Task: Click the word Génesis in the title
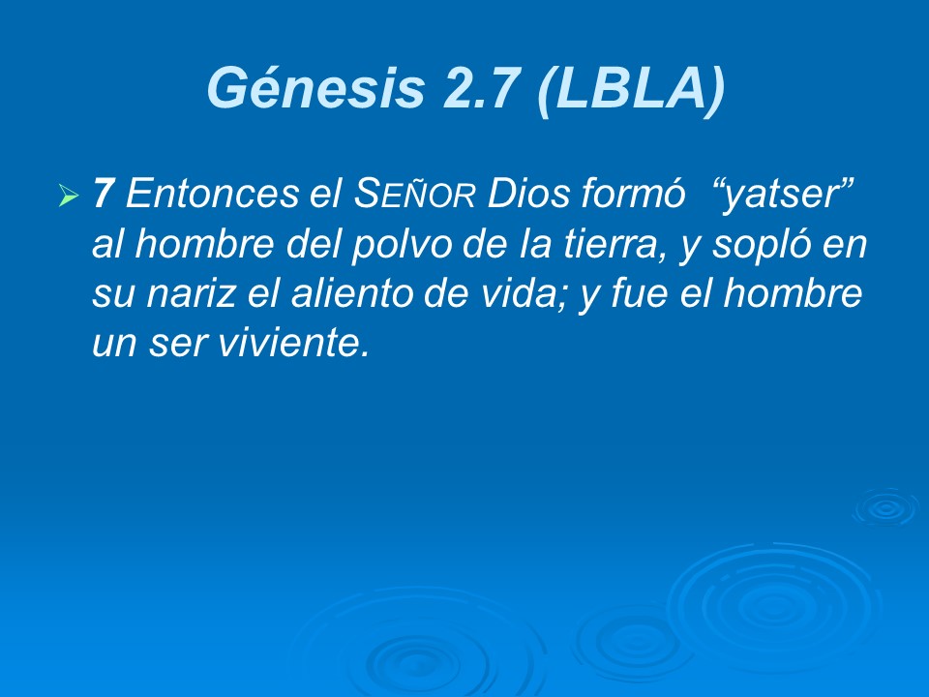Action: (x=315, y=90)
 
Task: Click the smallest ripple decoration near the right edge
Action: (x=884, y=505)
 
